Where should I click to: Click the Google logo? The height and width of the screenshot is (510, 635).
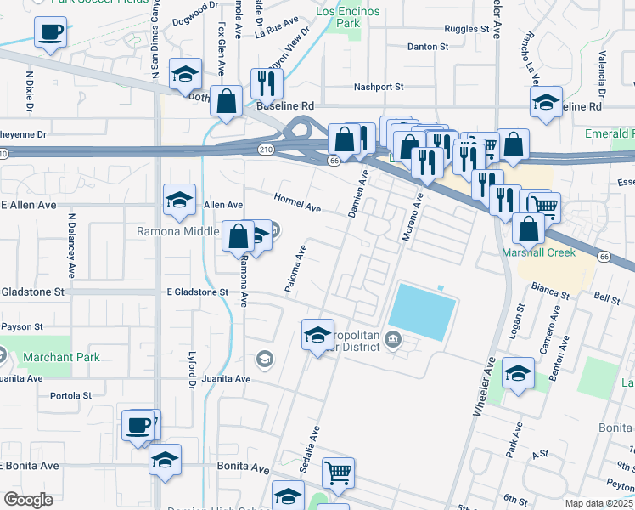(28, 500)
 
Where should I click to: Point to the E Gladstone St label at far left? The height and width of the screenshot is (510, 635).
(32, 292)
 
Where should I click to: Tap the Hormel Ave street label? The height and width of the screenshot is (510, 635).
(297, 203)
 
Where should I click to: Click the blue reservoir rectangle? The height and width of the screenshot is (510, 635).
(422, 310)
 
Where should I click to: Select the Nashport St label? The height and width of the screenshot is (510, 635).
(378, 87)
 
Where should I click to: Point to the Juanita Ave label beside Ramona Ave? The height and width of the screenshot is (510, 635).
(226, 378)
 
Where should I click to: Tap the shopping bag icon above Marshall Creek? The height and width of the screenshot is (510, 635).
(529, 227)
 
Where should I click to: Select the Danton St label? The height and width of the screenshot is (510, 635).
(427, 47)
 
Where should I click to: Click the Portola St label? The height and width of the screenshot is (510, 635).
(70, 395)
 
